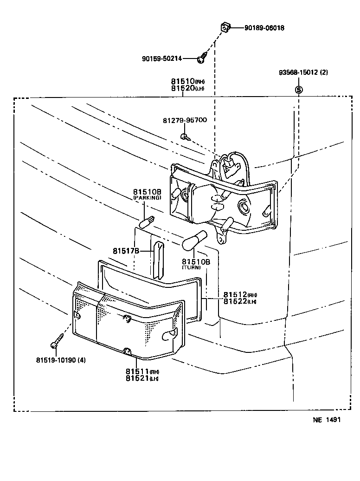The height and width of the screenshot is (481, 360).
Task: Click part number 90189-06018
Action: (x=264, y=28)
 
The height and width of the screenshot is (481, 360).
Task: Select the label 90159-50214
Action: (x=162, y=58)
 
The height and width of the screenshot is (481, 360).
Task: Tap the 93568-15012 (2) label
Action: (x=303, y=72)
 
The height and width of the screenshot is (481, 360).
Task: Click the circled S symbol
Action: (x=299, y=90)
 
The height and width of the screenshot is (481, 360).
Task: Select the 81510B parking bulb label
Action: (x=147, y=191)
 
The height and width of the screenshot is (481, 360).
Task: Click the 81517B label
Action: (x=126, y=251)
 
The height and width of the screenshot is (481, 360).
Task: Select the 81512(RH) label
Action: (x=240, y=295)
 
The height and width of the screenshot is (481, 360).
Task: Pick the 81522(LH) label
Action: (x=240, y=302)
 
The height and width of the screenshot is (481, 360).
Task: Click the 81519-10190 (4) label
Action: (x=61, y=360)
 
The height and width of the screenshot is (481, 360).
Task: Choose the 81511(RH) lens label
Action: (x=142, y=371)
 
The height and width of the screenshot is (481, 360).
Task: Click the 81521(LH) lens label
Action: (x=142, y=378)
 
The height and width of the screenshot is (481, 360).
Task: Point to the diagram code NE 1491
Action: (x=327, y=420)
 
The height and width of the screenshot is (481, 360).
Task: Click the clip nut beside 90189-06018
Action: (x=225, y=28)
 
